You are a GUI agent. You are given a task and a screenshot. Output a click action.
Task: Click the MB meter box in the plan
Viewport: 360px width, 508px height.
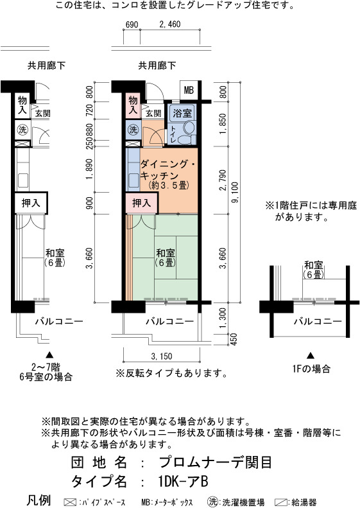pyautogui.click(x=189, y=90)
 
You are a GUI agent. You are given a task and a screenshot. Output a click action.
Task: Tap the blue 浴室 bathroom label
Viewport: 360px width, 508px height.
pyautogui.click(x=182, y=114)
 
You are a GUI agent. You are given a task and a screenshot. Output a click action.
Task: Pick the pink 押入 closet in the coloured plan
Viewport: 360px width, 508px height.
pyautogui.click(x=141, y=203)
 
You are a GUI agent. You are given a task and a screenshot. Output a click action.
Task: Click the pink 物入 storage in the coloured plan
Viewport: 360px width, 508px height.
pyautogui.click(x=133, y=105)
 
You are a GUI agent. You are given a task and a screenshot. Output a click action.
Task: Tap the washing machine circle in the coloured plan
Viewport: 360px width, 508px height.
pyautogui.click(x=133, y=130)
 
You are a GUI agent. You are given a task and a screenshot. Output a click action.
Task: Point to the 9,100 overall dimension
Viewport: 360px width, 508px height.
pyautogui.click(x=235, y=192)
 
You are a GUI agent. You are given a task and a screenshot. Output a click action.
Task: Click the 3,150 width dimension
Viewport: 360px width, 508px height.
pyautogui.click(x=162, y=356)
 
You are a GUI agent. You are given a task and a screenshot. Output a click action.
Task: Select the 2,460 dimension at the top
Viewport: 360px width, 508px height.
pyautogui.click(x=170, y=24)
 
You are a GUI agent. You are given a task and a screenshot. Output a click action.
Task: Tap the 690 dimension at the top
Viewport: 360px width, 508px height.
pyautogui.click(x=132, y=24)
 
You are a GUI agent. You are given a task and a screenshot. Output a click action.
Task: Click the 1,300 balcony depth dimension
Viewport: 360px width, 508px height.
pyautogui.click(x=223, y=318)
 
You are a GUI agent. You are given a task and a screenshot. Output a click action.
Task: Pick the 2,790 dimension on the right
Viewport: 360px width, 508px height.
pyautogui.click(x=223, y=180)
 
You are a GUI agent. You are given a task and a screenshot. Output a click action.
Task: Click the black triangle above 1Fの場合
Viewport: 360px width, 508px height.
pyautogui.click(x=311, y=356)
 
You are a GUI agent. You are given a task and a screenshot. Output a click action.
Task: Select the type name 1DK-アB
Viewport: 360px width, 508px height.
pyautogui.click(x=184, y=482)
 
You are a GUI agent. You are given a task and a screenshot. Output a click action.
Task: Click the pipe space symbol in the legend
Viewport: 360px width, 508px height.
pyautogui.click(x=70, y=502)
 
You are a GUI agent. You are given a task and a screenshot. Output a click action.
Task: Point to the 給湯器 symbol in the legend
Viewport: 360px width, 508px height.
pyautogui.click(x=280, y=502)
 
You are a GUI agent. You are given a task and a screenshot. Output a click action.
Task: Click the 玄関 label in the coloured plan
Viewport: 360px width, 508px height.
pyautogui.click(x=153, y=114)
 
